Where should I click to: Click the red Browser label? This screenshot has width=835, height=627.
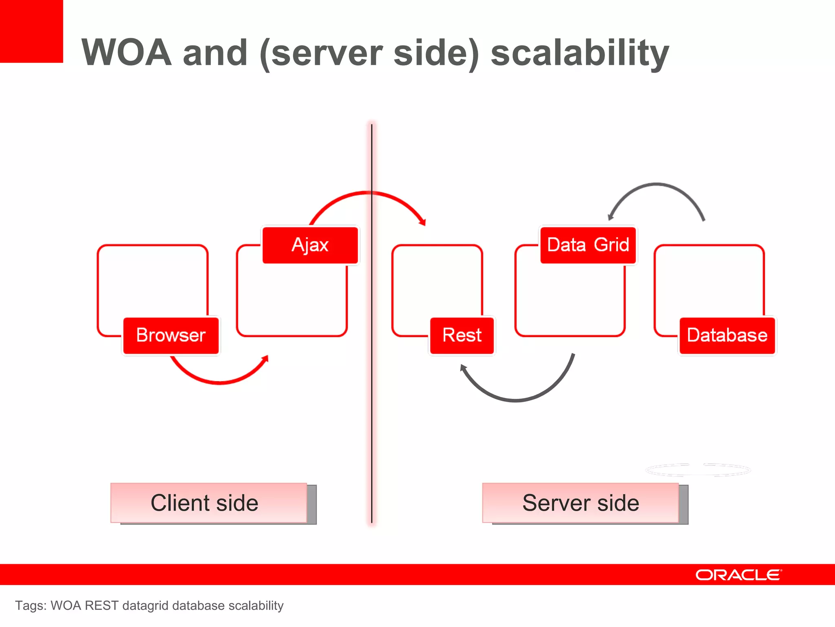coord(171,336)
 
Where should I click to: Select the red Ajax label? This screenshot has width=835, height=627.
coord(310,245)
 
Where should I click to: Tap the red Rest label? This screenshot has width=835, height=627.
coord(462,336)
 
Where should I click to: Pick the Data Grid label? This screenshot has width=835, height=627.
coord(588,245)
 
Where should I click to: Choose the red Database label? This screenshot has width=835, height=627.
coord(727,336)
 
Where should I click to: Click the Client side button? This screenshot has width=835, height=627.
coord(208,503)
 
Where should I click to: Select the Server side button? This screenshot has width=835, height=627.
coord(580,503)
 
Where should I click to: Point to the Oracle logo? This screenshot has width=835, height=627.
coord(738,575)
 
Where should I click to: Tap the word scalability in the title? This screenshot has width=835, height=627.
coord(579,53)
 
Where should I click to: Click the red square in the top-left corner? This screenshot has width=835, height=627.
coord(31,31)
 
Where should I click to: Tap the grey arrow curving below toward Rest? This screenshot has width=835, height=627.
coord(516,400)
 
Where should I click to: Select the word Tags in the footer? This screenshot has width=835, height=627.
coord(30,605)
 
